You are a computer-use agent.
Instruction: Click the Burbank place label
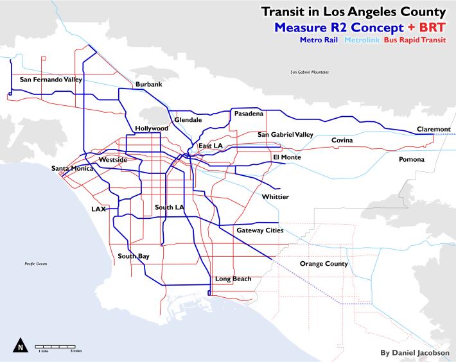tap(148, 84)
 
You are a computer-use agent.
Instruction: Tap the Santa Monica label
tap(72, 169)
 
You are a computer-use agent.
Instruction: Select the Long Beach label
tap(233, 279)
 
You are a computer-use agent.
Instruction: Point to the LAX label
tap(99, 209)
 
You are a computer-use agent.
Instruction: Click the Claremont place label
tap(434, 129)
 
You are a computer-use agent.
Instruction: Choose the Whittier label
tap(275, 196)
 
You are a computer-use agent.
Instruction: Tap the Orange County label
tap(324, 264)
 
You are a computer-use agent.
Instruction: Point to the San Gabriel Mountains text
tap(308, 72)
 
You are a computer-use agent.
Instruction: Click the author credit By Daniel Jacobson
tap(415, 352)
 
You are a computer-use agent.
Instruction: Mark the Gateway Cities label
tap(259, 230)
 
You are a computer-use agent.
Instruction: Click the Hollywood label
tap(152, 128)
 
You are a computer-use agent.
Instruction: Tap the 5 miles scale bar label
tap(75, 351)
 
